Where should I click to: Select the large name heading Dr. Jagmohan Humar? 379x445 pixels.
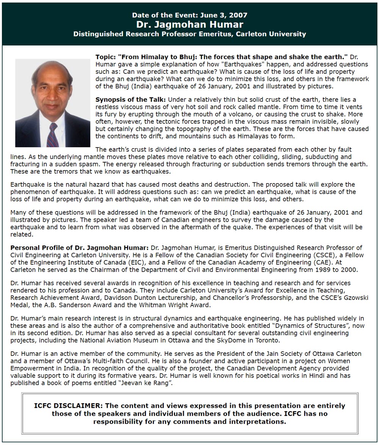[189, 25]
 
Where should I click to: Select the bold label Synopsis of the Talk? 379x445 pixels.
[130, 99]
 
